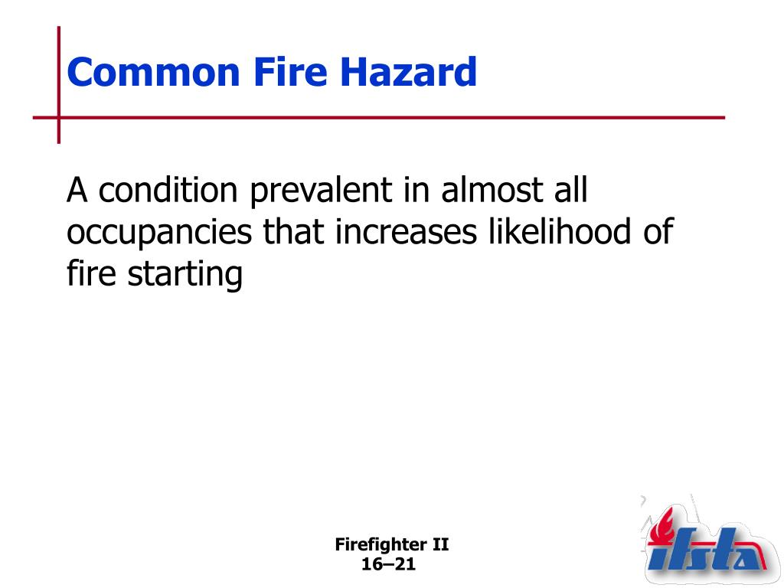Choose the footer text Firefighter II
coord(392,545)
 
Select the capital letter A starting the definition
coord(77,191)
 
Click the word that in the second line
coord(292,232)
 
